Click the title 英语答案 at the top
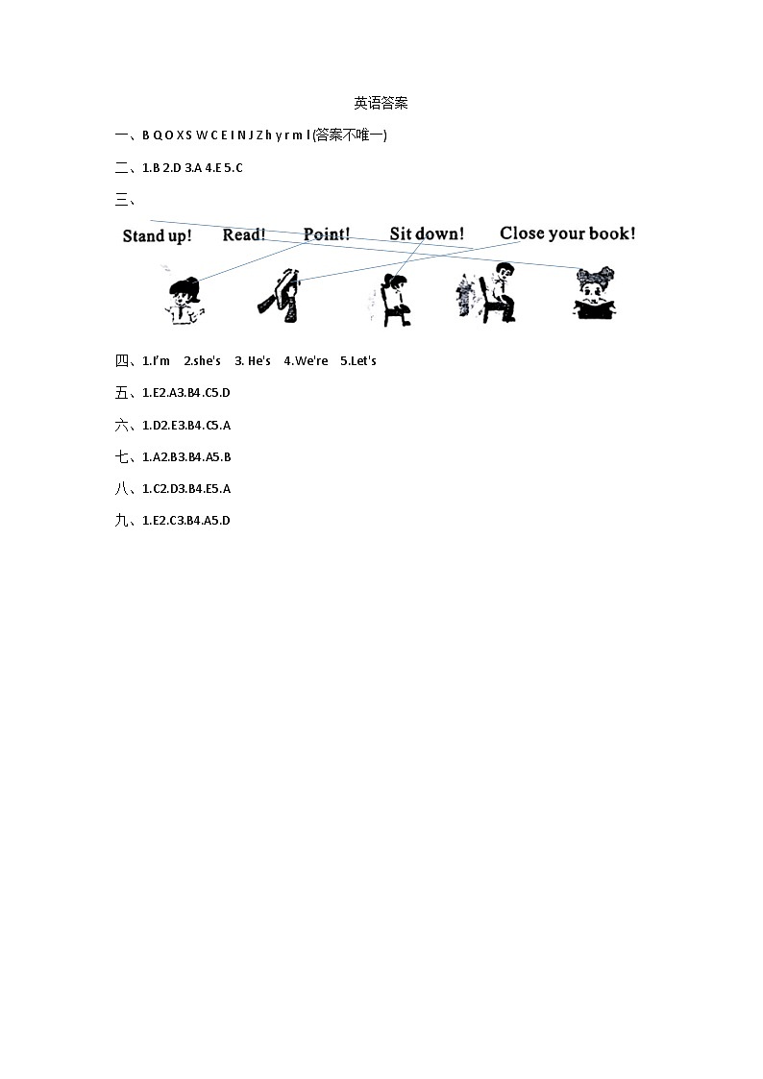[x=381, y=103]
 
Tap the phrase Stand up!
[x=157, y=235]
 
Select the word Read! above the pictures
[x=244, y=234]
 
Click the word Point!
[x=327, y=234]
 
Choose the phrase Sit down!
[x=427, y=233]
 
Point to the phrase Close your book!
[x=567, y=233]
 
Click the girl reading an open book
[x=595, y=293]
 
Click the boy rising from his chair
[x=490, y=293]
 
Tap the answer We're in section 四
[x=311, y=361]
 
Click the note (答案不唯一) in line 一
[x=350, y=135]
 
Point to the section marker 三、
[x=125, y=200]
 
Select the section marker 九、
[x=125, y=521]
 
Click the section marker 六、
[x=125, y=425]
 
